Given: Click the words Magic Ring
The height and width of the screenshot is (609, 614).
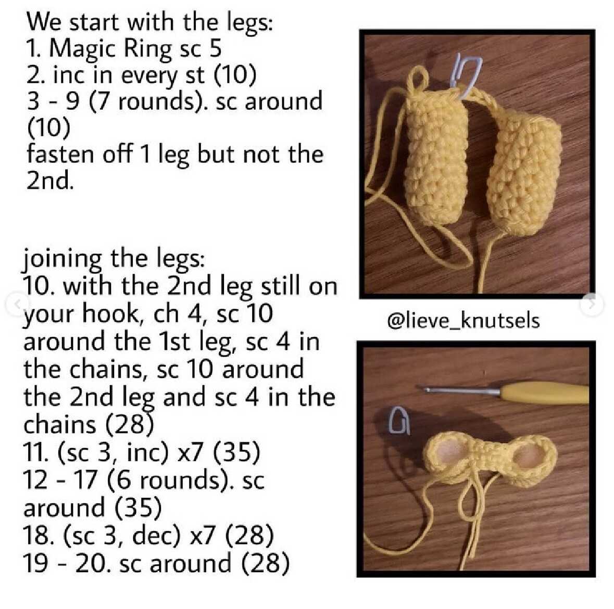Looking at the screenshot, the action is pos(111,49).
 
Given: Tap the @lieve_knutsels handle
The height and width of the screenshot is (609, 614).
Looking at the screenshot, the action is pos(463,321).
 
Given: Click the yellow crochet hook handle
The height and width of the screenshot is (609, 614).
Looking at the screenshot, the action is pos(544,394).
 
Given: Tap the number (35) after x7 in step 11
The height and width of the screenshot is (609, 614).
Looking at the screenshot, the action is pos(236,452).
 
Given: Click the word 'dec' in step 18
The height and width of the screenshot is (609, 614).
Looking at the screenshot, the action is pos(151,536).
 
